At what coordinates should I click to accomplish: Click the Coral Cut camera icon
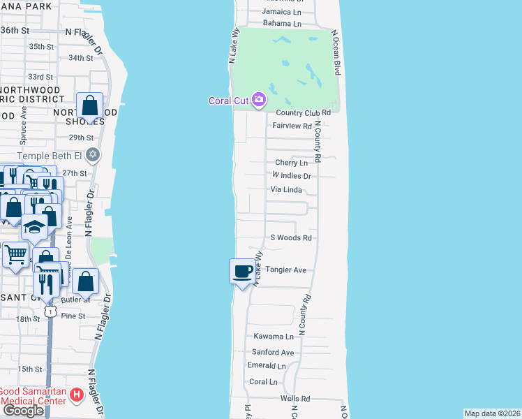point(259,101)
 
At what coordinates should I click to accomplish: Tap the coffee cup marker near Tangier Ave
point(242,271)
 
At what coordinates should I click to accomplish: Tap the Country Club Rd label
point(303,112)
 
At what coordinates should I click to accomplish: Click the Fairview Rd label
point(292,126)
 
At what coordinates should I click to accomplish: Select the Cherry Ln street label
point(292,163)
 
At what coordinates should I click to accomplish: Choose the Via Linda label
point(286,190)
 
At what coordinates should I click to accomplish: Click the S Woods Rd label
point(290,237)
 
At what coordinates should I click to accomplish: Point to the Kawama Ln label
point(273,337)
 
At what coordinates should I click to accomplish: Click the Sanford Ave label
point(274,353)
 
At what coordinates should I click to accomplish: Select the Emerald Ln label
point(267,366)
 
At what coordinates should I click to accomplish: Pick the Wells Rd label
point(295,398)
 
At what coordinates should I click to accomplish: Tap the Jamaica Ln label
point(282,12)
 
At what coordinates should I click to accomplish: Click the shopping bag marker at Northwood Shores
point(90,107)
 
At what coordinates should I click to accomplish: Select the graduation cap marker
point(34,228)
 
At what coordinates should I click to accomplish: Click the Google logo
point(23,411)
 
